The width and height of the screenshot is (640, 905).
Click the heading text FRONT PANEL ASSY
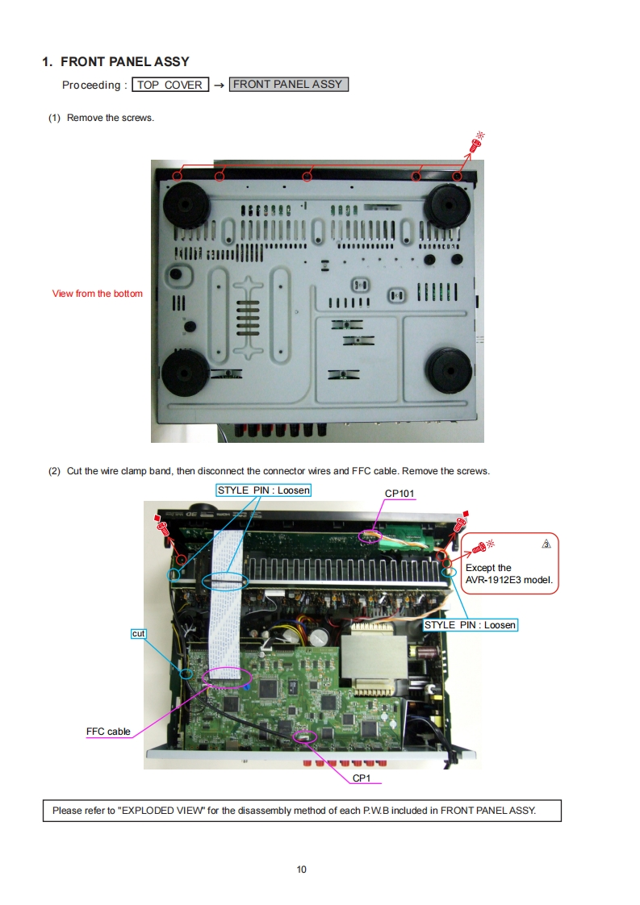[125, 62]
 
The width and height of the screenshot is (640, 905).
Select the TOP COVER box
[170, 85]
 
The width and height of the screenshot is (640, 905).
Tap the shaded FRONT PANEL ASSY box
[289, 84]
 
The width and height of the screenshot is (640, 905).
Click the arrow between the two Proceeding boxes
[219, 85]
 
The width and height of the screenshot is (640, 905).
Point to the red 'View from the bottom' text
[97, 294]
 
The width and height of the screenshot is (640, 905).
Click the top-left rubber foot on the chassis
[186, 205]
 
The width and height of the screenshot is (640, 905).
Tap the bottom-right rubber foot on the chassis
[449, 371]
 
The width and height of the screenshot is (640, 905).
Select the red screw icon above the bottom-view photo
[476, 143]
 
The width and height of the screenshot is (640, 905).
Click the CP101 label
[399, 494]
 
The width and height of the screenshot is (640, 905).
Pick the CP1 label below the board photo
[362, 778]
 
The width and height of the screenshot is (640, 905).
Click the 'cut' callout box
[139, 634]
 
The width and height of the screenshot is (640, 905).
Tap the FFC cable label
[108, 732]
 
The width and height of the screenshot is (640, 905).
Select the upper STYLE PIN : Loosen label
[264, 490]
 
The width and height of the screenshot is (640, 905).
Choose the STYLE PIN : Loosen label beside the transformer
[471, 625]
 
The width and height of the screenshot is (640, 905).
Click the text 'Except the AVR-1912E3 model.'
[509, 573]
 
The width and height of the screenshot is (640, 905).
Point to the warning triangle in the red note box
[546, 544]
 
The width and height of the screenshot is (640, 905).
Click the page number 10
[302, 870]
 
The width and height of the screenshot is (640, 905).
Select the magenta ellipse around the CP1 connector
[305, 736]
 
